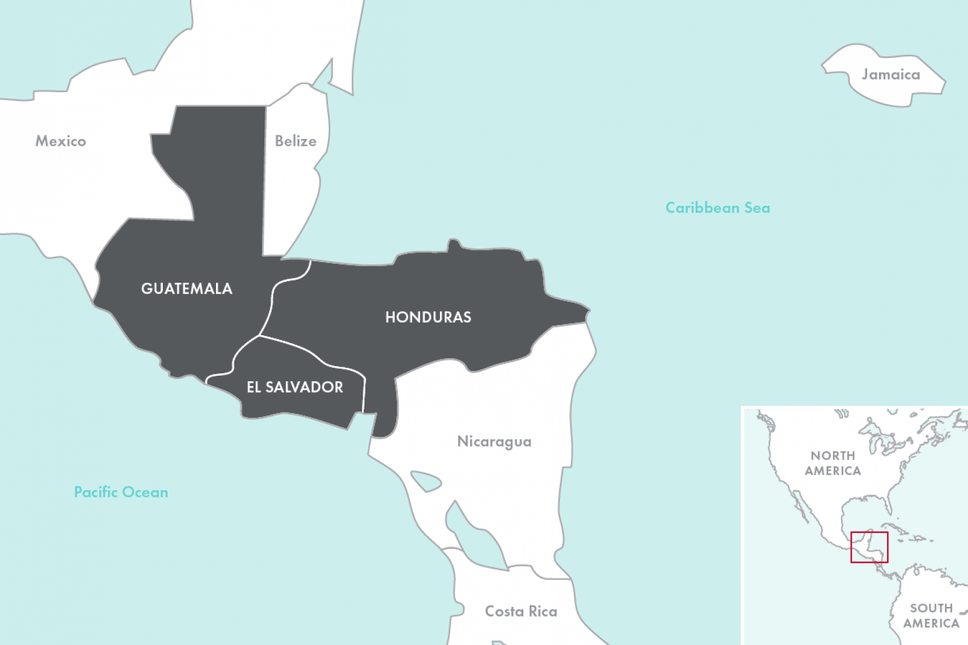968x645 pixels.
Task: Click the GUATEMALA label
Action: [186, 289]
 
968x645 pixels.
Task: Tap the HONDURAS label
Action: [428, 317]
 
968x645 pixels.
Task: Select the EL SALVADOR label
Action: [295, 387]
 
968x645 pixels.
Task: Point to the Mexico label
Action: [60, 141]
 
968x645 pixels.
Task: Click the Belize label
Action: [295, 141]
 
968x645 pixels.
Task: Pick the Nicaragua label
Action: [494, 442]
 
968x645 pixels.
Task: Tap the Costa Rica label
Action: [521, 612]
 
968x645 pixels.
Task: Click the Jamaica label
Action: [891, 74]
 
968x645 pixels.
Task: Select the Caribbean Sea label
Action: [718, 208]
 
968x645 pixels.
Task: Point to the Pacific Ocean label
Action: [121, 492]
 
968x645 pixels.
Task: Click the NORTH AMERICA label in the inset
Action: [832, 463]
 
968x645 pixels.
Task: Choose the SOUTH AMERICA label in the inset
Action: [931, 615]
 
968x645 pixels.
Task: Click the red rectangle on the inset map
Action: [869, 533]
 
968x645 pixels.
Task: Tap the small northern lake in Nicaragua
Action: [426, 482]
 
